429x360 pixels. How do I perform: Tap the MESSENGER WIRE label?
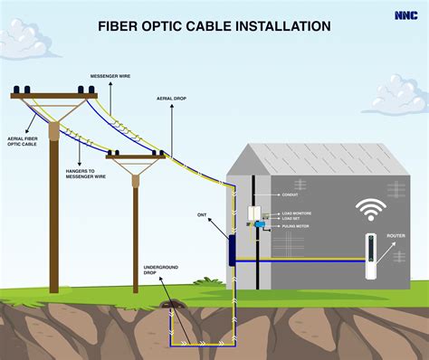110,76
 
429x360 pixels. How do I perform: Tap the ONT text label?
203,215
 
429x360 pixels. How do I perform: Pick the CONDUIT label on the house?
291,194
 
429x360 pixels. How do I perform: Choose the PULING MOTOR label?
296,226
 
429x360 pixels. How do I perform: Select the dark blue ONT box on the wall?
232,249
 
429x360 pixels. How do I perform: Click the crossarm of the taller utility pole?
53,94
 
